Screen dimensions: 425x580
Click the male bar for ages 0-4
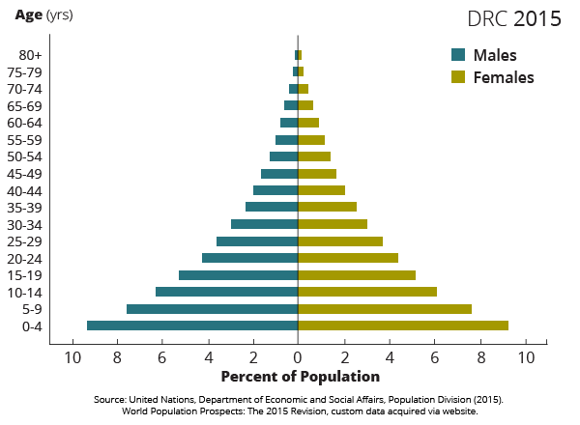click(x=192, y=326)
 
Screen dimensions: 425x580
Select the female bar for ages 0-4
click(x=403, y=326)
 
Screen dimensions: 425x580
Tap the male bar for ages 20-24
click(x=249, y=258)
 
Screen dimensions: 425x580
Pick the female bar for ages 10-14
click(x=367, y=292)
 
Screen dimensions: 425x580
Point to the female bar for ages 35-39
click(x=327, y=207)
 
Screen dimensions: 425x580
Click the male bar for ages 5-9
click(x=212, y=309)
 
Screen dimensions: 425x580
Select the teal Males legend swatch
click(x=458, y=55)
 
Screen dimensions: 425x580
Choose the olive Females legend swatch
click(x=458, y=77)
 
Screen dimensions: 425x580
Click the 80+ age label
click(x=29, y=55)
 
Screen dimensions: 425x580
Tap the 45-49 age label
click(x=24, y=174)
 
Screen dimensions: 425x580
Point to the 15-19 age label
click(x=24, y=275)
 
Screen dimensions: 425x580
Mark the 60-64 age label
click(x=24, y=123)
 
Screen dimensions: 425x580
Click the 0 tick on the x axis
click(x=298, y=358)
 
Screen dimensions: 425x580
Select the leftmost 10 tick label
click(x=72, y=358)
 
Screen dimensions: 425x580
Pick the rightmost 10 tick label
click(x=526, y=358)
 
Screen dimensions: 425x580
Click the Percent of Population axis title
click(x=301, y=377)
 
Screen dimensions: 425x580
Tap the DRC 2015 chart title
click(x=513, y=19)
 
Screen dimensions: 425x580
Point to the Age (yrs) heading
click(x=43, y=15)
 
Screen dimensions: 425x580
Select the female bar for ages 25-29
click(x=340, y=241)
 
